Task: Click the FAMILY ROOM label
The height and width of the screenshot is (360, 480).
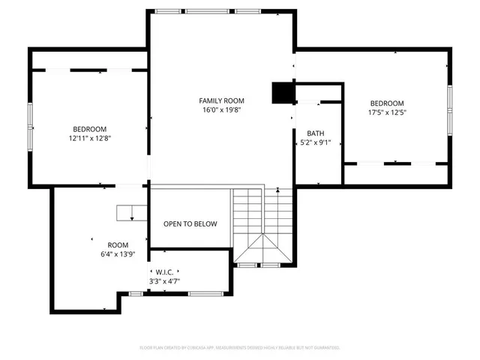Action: click(x=221, y=100)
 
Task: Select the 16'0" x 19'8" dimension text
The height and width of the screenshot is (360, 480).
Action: click(x=221, y=109)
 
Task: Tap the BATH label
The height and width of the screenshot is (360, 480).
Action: click(x=315, y=133)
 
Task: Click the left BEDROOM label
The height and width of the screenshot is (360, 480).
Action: click(x=89, y=129)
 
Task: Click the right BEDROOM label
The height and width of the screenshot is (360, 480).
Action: click(x=386, y=103)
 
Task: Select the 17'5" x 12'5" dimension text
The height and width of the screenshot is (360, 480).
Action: click(x=386, y=113)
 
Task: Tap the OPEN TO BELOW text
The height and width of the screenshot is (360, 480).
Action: click(x=190, y=223)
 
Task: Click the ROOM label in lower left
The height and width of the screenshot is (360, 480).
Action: click(x=118, y=245)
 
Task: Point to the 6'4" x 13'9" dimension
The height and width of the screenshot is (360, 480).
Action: click(x=118, y=255)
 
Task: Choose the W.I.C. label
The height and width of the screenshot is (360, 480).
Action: click(x=164, y=272)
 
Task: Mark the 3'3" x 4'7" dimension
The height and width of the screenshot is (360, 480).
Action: click(x=164, y=282)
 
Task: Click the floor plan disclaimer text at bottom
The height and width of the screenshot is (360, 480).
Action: click(x=240, y=348)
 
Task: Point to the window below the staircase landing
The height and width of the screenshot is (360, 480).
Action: click(x=262, y=265)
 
